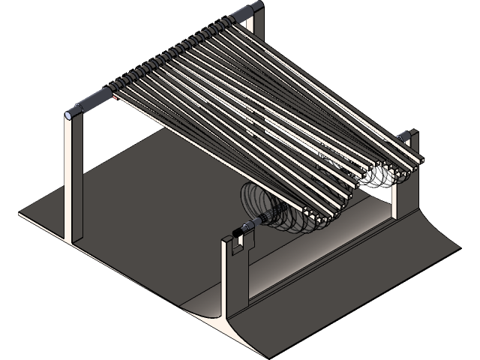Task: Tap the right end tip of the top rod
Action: (259, 6)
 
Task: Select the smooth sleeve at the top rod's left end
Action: (91, 102)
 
